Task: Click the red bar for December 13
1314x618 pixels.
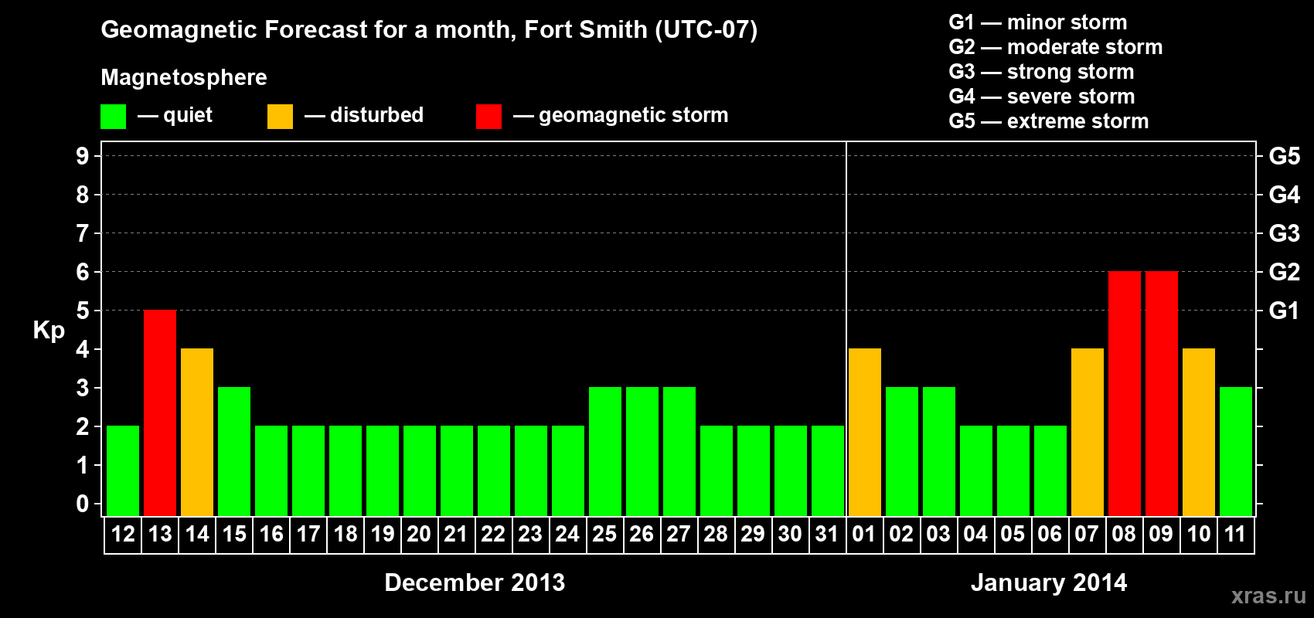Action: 160,413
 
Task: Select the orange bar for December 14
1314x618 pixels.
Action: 197,432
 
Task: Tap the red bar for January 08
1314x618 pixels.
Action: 1125,393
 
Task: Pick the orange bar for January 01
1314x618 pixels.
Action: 865,432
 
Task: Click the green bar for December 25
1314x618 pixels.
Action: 605,451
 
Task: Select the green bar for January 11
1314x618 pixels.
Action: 1236,451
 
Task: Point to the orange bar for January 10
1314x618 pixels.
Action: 1199,432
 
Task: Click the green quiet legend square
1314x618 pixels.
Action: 114,117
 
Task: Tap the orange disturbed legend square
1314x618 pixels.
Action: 280,117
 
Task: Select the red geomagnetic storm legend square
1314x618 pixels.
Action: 488,117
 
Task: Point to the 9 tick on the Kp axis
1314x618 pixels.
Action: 83,156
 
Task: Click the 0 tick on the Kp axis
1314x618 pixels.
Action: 83,504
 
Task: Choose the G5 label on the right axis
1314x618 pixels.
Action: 1284,156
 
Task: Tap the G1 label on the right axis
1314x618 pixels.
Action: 1284,311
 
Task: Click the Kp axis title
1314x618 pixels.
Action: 49,331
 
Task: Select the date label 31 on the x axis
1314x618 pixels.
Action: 827,534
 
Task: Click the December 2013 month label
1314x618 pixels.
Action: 475,582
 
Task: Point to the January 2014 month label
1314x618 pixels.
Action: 1049,582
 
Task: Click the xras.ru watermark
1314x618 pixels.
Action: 1268,596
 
